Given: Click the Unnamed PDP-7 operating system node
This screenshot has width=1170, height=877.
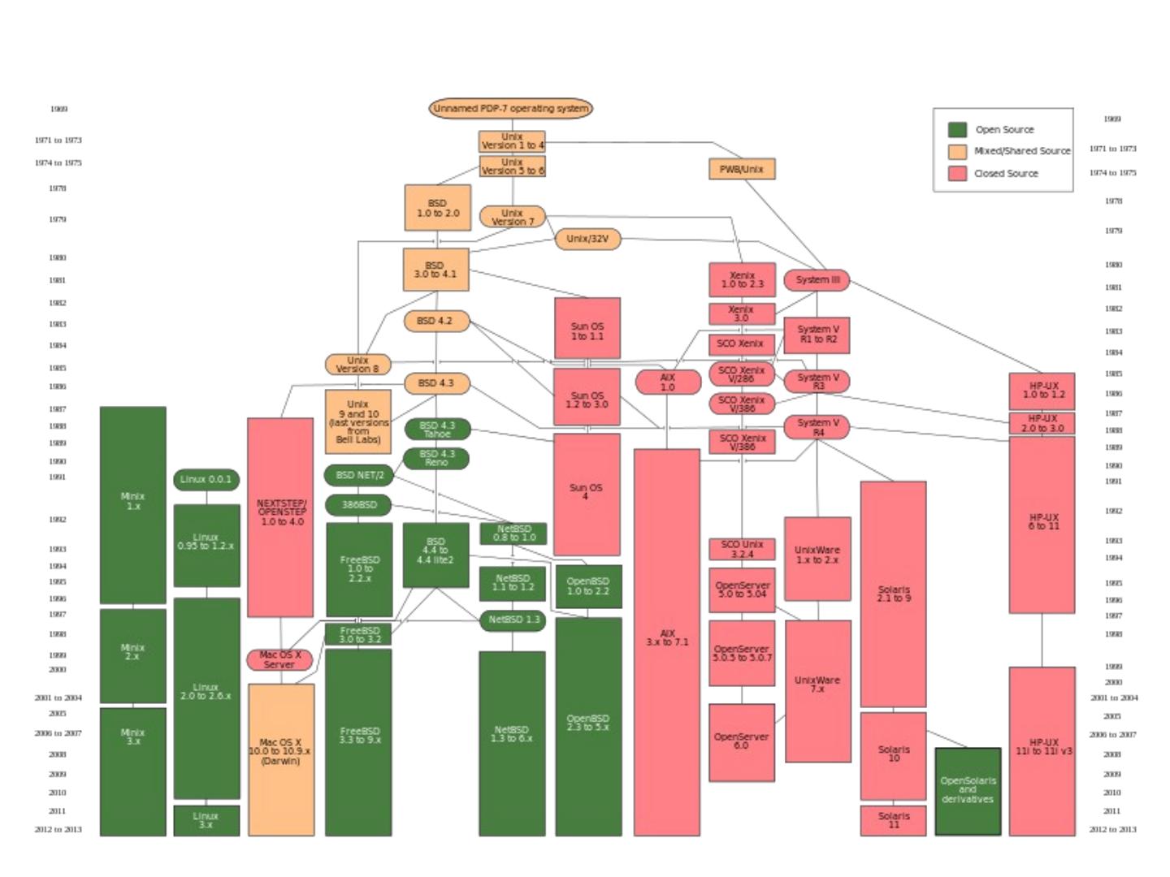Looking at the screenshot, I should click(x=510, y=108).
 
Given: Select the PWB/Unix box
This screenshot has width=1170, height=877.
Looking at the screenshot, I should click(x=742, y=169).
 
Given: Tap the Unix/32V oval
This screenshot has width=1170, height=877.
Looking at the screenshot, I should click(x=587, y=239).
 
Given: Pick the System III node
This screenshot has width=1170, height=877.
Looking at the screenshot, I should click(x=817, y=280).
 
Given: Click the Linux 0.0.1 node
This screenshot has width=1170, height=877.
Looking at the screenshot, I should click(x=206, y=479).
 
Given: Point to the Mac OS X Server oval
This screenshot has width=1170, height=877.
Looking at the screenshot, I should click(x=279, y=659).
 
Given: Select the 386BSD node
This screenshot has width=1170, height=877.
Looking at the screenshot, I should click(x=358, y=505).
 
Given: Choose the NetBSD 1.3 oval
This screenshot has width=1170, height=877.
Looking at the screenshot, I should click(x=513, y=620).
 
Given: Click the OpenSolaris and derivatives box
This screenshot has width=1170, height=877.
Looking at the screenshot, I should click(x=968, y=791).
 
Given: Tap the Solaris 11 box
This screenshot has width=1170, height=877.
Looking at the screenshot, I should click(x=893, y=820).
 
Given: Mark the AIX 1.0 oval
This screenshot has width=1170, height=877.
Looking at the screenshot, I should click(x=668, y=382).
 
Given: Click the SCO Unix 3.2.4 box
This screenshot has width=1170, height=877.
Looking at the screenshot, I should click(x=742, y=549).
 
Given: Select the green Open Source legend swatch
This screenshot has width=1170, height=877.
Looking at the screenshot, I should click(x=958, y=130).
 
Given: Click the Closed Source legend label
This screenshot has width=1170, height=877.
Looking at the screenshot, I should click(x=1006, y=174).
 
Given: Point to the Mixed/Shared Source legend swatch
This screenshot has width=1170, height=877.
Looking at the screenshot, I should click(x=958, y=152).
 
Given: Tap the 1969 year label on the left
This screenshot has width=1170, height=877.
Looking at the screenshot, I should click(x=58, y=109).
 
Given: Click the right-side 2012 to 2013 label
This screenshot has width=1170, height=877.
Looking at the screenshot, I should click(x=1112, y=830).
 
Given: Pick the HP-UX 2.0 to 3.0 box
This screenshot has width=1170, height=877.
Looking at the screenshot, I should click(x=1042, y=423).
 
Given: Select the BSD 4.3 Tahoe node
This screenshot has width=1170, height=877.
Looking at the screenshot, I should click(x=437, y=429).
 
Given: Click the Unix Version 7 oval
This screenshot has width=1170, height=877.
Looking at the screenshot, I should click(x=512, y=217).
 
